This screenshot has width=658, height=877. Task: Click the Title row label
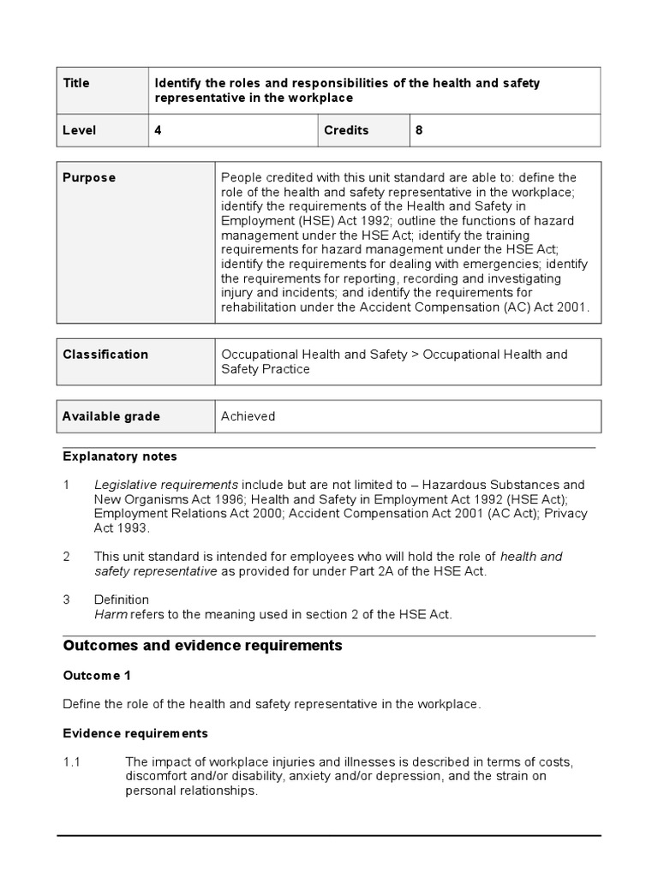[x=76, y=83]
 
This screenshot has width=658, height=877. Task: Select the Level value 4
[x=158, y=130]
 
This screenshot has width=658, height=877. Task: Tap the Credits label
[x=346, y=130]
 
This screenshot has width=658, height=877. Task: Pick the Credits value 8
[x=419, y=130]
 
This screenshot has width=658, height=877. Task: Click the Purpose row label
[x=89, y=177]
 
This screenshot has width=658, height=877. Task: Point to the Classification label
[x=105, y=354]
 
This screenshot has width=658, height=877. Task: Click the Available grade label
[x=111, y=416]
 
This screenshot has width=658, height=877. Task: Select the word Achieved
[x=248, y=416]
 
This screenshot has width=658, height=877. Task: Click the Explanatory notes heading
[x=120, y=456]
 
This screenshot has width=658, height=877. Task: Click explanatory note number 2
[x=67, y=557]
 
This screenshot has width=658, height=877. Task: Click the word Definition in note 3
[x=122, y=600]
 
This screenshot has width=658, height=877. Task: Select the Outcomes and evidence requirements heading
[x=202, y=646]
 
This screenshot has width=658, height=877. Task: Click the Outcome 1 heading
[x=97, y=676]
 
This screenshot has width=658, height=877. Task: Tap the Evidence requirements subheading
[x=135, y=734]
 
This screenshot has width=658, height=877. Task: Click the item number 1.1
[x=72, y=761]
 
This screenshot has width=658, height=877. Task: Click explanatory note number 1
[x=67, y=485]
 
